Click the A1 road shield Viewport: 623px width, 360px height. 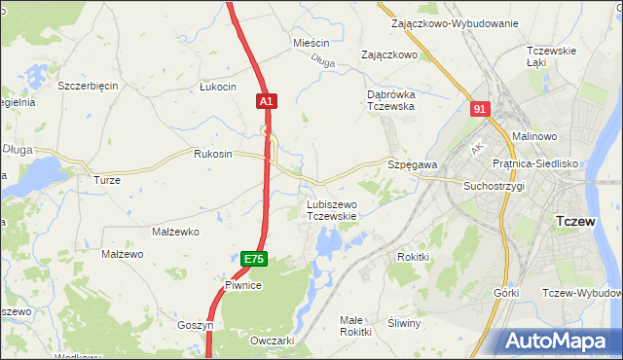coord(269,100)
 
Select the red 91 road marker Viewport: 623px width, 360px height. coord(478,110)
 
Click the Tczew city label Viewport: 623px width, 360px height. coord(574,221)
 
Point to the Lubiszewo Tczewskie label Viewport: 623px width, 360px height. coord(332,210)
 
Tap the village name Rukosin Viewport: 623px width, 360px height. coord(213,154)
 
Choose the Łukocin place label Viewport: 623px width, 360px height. coord(218,87)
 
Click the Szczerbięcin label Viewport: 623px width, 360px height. coord(88,86)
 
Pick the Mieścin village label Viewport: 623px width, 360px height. coord(312,44)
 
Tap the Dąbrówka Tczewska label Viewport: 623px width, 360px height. coord(391,100)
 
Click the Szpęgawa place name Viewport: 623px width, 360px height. coord(413,165)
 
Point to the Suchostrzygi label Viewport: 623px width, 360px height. coord(494,185)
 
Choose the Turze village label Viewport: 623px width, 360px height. coord(106,180)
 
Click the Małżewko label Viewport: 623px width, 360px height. coord(176,232)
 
